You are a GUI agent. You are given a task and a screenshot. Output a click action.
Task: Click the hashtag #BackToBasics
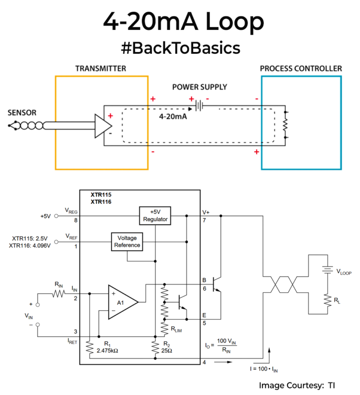(180, 48)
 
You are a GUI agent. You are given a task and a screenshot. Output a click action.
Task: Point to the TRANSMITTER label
(101, 68)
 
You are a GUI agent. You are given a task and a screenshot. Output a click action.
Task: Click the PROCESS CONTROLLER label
(301, 68)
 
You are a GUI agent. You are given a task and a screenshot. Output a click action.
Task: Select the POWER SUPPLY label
(200, 87)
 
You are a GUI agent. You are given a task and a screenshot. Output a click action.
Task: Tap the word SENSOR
(22, 113)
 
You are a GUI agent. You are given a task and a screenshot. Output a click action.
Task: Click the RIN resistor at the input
(59, 293)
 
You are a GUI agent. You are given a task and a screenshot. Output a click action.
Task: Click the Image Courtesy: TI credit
(297, 385)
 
